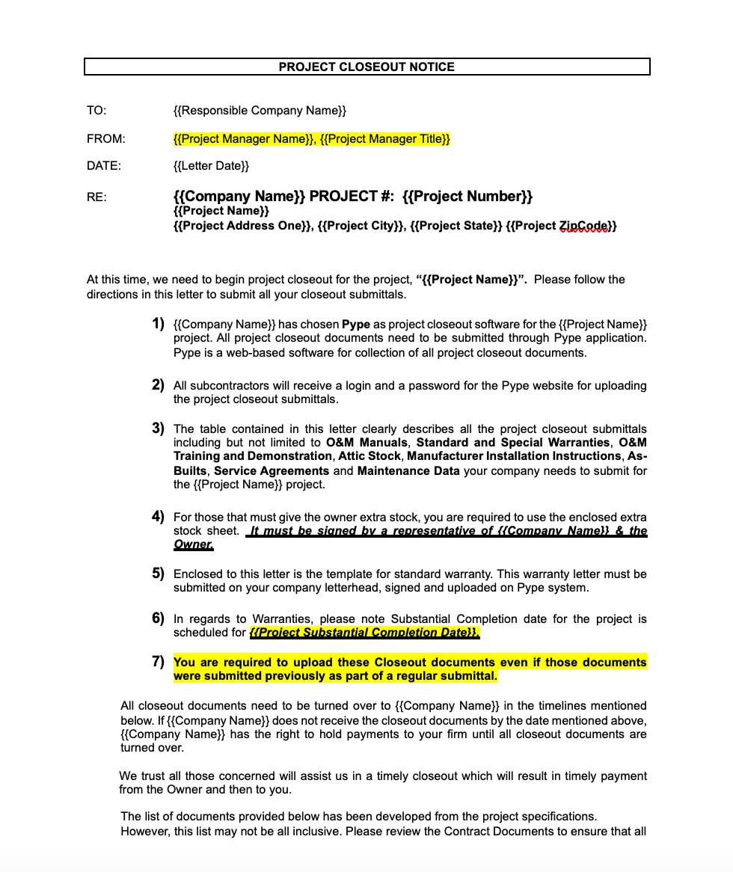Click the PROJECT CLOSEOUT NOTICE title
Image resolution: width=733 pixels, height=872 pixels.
[366, 67]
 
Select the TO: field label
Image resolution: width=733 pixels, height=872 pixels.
[96, 111]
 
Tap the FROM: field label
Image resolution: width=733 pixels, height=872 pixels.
[105, 139]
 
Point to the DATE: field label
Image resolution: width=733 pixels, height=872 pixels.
[103, 165]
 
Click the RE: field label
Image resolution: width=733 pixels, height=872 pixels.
[96, 197]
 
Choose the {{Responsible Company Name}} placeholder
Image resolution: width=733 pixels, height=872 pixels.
[260, 111]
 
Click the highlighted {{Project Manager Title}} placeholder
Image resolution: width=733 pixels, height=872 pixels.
[384, 139]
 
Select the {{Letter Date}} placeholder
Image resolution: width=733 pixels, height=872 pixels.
[211, 165]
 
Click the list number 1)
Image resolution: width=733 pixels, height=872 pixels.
[158, 324]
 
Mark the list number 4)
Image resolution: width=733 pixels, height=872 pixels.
[158, 516]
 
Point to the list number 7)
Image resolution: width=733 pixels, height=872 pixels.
[158, 661]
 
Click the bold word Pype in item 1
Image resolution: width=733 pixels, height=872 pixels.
[356, 325]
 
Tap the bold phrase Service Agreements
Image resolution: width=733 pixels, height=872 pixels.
[272, 471]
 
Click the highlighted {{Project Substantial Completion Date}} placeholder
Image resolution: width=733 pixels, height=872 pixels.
[364, 633]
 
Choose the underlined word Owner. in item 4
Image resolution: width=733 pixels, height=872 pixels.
[194, 544]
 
